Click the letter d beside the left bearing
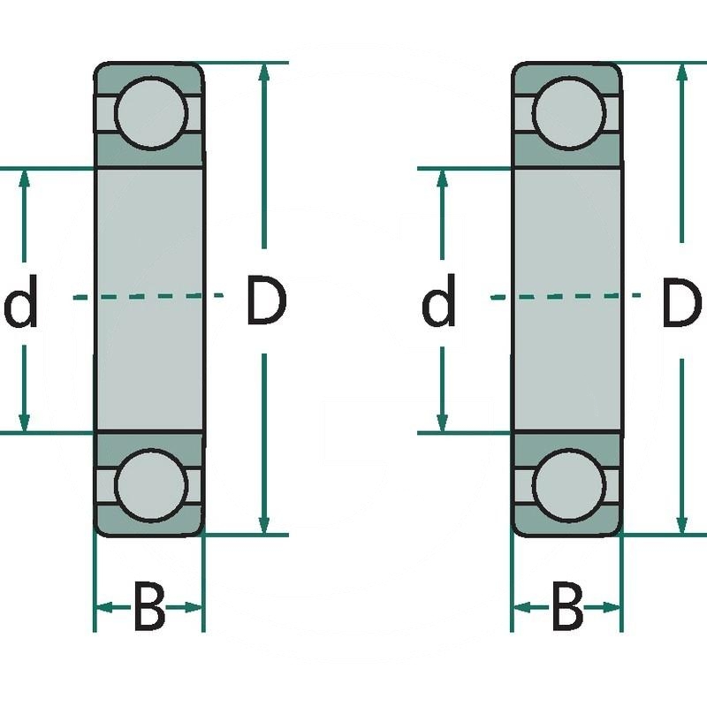coord(21,303)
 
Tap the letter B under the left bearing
coord(148,608)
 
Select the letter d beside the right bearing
coord(438,303)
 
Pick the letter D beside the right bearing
coord(681,301)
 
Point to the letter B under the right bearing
coord(566,608)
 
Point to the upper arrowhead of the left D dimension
coord(263,74)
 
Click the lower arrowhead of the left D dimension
coord(263,522)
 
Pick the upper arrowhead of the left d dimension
coord(24,179)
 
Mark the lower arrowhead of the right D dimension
coord(681,522)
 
